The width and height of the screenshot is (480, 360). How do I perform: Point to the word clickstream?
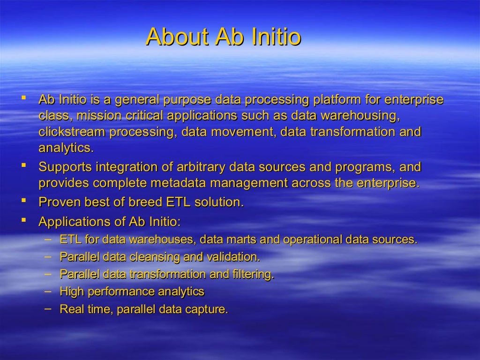72,132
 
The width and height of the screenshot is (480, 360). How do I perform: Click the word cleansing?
154,257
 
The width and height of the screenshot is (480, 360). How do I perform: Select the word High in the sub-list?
71,292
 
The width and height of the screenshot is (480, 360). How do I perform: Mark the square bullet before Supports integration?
22,165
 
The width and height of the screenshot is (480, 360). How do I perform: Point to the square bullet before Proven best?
22,201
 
